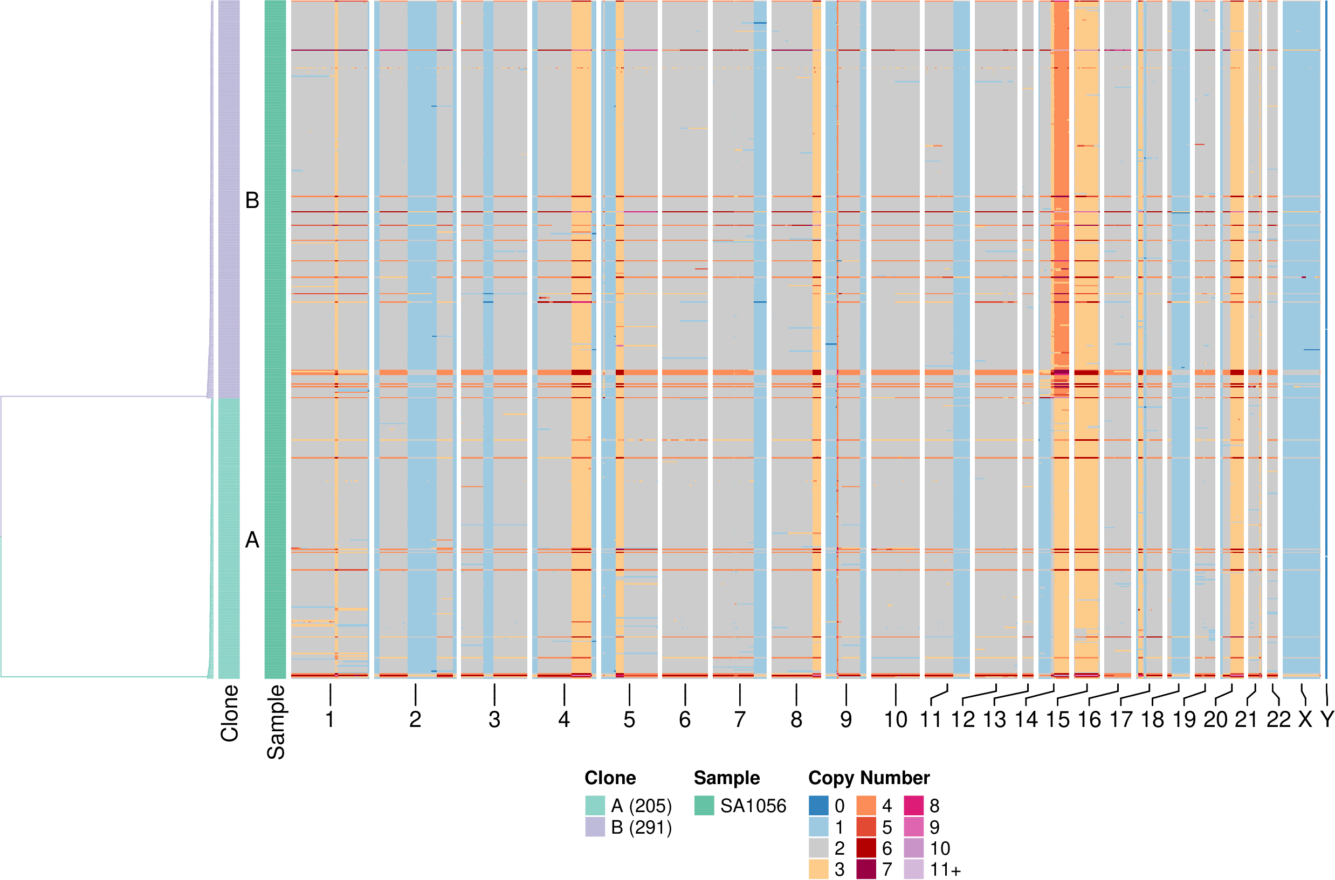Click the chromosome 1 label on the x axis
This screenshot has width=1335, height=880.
pyautogui.click(x=330, y=719)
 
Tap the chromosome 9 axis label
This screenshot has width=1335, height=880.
pyautogui.click(x=846, y=719)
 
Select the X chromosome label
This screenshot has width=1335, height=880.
pyautogui.click(x=1305, y=719)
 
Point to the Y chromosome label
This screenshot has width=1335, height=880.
pyautogui.click(x=1326, y=719)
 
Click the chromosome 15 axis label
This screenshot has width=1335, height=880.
pyautogui.click(x=1058, y=719)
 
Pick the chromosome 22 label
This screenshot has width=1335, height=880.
pyautogui.click(x=1278, y=719)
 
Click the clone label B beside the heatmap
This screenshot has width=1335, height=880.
pyautogui.click(x=252, y=200)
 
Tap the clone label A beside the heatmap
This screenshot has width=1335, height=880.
pyautogui.click(x=252, y=540)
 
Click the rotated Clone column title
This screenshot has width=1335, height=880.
pyautogui.click(x=230, y=713)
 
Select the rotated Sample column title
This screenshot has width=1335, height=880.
pyautogui.click(x=276, y=722)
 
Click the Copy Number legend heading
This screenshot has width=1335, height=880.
pyautogui.click(x=869, y=778)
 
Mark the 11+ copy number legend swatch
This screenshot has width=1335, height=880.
pyautogui.click(x=913, y=869)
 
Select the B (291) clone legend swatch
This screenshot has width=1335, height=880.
pyautogui.click(x=595, y=827)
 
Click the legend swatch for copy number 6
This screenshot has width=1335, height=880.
pyautogui.click(x=866, y=848)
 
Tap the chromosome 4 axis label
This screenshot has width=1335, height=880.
pyautogui.click(x=564, y=719)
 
